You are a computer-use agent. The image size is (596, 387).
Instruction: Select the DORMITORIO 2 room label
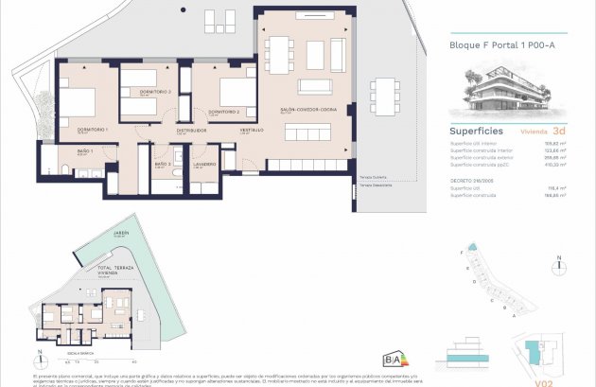coord(222,112)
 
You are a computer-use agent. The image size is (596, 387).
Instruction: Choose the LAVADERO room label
coord(204,164)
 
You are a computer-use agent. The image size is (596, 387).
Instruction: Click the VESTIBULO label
coord(251,130)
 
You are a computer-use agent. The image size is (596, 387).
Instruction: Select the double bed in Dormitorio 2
coord(234,93)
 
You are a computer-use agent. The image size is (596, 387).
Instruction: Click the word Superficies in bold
coord(476,131)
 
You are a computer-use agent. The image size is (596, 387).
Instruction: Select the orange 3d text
coord(559,131)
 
